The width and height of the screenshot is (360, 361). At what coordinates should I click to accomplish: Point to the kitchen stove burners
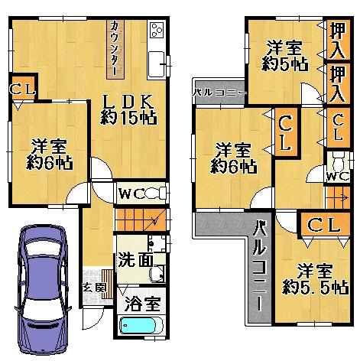(x=157, y=31)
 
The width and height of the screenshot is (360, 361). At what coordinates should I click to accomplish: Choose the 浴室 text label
(x=143, y=303)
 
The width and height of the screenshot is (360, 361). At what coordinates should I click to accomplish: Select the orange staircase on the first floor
(x=140, y=219)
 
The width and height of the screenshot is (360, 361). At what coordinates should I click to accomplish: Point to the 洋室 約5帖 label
(x=284, y=56)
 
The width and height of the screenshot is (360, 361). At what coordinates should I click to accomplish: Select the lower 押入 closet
(x=336, y=82)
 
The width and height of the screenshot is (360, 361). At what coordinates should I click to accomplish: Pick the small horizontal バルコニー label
(x=219, y=93)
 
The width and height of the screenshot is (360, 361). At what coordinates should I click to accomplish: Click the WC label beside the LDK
(x=130, y=193)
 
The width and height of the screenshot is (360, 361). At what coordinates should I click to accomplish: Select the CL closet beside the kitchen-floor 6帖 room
(x=21, y=89)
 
